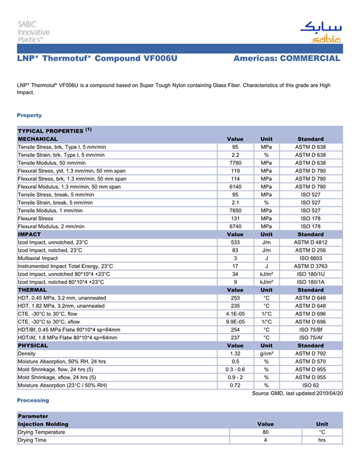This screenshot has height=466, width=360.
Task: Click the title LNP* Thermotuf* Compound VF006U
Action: pos(97,58)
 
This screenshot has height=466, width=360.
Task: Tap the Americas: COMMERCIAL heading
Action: pos(286,58)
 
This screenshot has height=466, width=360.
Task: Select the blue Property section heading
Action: pos(29,115)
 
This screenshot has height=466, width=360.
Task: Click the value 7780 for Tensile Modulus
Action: pos(235,163)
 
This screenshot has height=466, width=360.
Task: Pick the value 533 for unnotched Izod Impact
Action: pos(235,242)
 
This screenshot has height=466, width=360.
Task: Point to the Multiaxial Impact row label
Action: pos(38,258)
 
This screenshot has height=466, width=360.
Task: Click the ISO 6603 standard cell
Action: pos(310,258)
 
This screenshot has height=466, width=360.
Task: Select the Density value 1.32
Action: pos(235,354)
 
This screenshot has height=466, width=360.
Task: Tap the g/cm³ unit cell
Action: pos(266,354)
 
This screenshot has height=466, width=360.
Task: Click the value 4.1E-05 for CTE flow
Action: pos(235,314)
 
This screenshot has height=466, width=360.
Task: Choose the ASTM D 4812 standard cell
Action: pos(310,242)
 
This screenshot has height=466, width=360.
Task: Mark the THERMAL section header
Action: pos(32,290)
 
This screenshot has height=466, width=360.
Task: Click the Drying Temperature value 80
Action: pos(265,432)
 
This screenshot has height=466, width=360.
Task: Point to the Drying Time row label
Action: pos(32,440)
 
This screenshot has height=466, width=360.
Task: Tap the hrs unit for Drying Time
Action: pos(322,440)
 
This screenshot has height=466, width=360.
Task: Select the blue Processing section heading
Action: pos(33,400)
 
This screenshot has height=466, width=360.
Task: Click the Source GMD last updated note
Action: pos(297,393)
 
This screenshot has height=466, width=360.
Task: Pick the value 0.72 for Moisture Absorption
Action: pos(235,385)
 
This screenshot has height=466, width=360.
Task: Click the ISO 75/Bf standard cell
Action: pos(310,330)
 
